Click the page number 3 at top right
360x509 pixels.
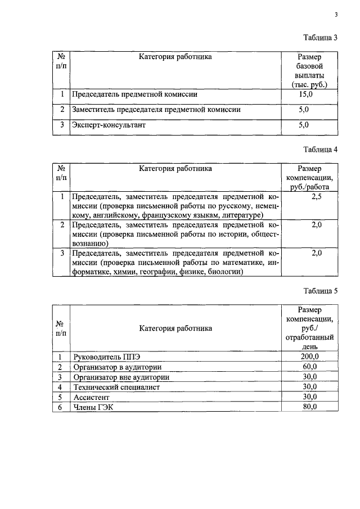(x=336, y=15)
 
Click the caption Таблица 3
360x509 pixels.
(x=319, y=38)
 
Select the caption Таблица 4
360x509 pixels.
(x=319, y=150)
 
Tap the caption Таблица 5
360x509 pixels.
(x=319, y=291)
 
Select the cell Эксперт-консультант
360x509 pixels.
(x=109, y=125)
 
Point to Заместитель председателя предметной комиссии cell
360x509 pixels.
(x=156, y=110)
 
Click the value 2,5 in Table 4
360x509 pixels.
(x=316, y=196)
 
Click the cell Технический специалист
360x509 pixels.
(x=116, y=387)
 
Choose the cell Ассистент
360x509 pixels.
(x=91, y=397)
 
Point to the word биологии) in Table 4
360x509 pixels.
(x=225, y=272)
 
